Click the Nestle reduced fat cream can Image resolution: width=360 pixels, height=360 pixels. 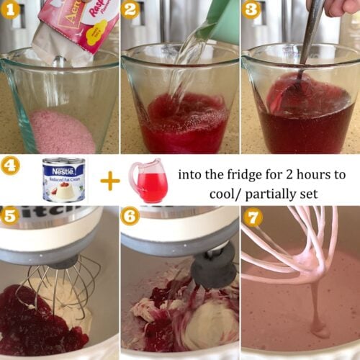(x=63, y=180)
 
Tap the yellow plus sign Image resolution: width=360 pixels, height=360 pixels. (x=109, y=180)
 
